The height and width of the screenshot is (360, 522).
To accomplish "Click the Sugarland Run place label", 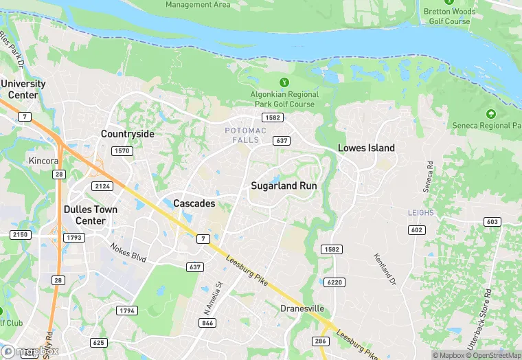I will point(283,185).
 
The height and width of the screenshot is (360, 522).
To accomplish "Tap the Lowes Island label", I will point(366,148).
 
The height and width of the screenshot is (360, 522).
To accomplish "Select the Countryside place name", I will point(127,134).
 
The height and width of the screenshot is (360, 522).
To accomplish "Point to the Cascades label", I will point(194,203).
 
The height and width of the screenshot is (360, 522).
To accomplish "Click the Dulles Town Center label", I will point(90,215).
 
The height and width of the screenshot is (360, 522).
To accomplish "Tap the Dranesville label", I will point(302,308).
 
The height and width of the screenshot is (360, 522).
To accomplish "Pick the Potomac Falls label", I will point(242,135).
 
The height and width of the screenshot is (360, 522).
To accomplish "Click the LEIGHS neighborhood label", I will point(420,213).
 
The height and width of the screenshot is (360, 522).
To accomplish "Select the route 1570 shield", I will point(122,150).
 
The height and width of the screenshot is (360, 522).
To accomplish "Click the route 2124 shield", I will point(102,186).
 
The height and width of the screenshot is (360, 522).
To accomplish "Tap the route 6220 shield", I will point(334,282).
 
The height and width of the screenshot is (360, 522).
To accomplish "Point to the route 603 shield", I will point(492,221).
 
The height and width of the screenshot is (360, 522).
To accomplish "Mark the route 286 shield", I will point(321,341).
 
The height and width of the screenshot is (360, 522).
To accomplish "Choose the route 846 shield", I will point(208,322).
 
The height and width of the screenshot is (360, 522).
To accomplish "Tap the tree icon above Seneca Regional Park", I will point(490,114).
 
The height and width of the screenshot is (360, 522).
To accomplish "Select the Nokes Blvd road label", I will point(128,252).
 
